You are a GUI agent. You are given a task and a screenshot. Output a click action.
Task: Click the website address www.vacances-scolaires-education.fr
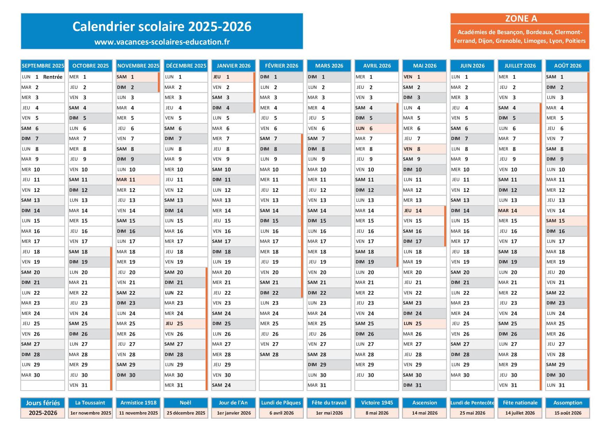pyautogui.click(x=162, y=42)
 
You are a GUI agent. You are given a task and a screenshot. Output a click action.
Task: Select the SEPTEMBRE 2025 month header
pyautogui.click(x=43, y=65)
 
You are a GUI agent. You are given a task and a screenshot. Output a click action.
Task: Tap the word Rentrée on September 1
pyautogui.click(x=53, y=77)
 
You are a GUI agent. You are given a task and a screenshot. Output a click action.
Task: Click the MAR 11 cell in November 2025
pyautogui.click(x=138, y=180)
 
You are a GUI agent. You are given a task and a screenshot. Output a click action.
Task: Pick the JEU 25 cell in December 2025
pyautogui.click(x=185, y=324)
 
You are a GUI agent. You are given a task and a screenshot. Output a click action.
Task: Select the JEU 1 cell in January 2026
pyautogui.click(x=233, y=77)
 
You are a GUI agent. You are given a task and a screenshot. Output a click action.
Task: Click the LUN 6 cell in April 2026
pyautogui.click(x=376, y=129)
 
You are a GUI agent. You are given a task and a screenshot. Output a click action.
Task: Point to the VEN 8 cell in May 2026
pyautogui.click(x=424, y=149)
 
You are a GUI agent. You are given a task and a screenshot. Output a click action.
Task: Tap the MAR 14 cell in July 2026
pyautogui.click(x=518, y=211)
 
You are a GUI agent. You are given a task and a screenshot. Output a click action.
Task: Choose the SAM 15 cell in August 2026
pyautogui.click(x=566, y=221)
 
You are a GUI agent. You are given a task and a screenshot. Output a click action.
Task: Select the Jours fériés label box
pyautogui.click(x=43, y=403)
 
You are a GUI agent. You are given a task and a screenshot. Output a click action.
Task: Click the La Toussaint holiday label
pyautogui.click(x=90, y=403)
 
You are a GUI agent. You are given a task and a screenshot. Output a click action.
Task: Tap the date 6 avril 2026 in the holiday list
pyautogui.click(x=281, y=413)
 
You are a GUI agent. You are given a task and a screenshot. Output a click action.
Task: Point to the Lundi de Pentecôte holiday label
pyautogui.click(x=472, y=403)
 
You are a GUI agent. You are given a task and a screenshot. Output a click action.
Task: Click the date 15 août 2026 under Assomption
pyautogui.click(x=568, y=413)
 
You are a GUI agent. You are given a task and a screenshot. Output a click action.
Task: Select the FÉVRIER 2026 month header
pyautogui.click(x=281, y=65)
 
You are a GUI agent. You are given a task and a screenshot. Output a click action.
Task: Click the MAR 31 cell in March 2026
pyautogui.click(x=328, y=385)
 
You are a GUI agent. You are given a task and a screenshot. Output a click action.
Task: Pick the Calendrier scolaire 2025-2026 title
pyautogui.click(x=162, y=26)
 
